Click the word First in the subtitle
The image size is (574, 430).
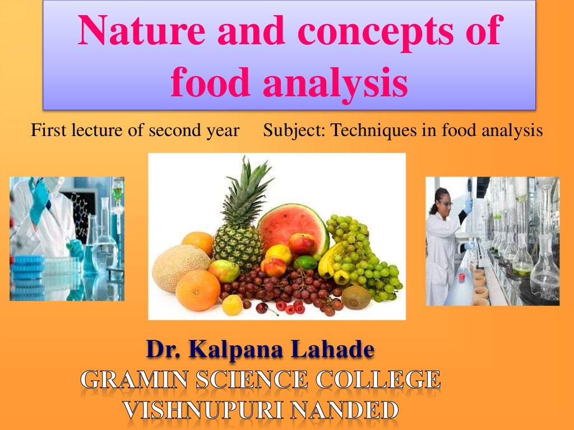tap(44, 131)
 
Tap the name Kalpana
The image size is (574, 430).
tap(235, 350)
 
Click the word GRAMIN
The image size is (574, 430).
tap(135, 380)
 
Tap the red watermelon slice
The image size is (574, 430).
tap(291, 224)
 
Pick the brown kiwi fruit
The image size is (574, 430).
tap(357, 297)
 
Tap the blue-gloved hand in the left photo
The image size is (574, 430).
tap(39, 202)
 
